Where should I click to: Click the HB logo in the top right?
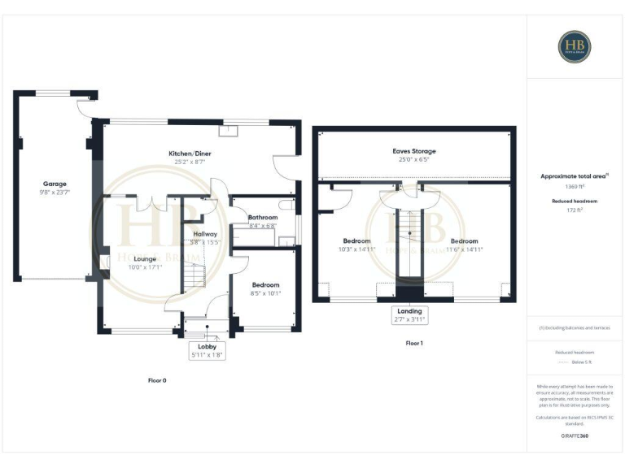[575, 46]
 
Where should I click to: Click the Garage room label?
[55, 184]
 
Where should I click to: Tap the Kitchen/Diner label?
[190, 154]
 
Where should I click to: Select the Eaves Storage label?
[416, 151]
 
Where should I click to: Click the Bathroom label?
[263, 218]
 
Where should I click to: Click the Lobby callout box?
[206, 350]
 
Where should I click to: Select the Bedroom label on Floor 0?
[265, 285]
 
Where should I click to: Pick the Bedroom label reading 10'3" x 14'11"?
[357, 241]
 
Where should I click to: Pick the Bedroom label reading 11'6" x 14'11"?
[465, 241]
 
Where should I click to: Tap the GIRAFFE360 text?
[575, 436]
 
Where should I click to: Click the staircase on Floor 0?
[192, 279]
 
